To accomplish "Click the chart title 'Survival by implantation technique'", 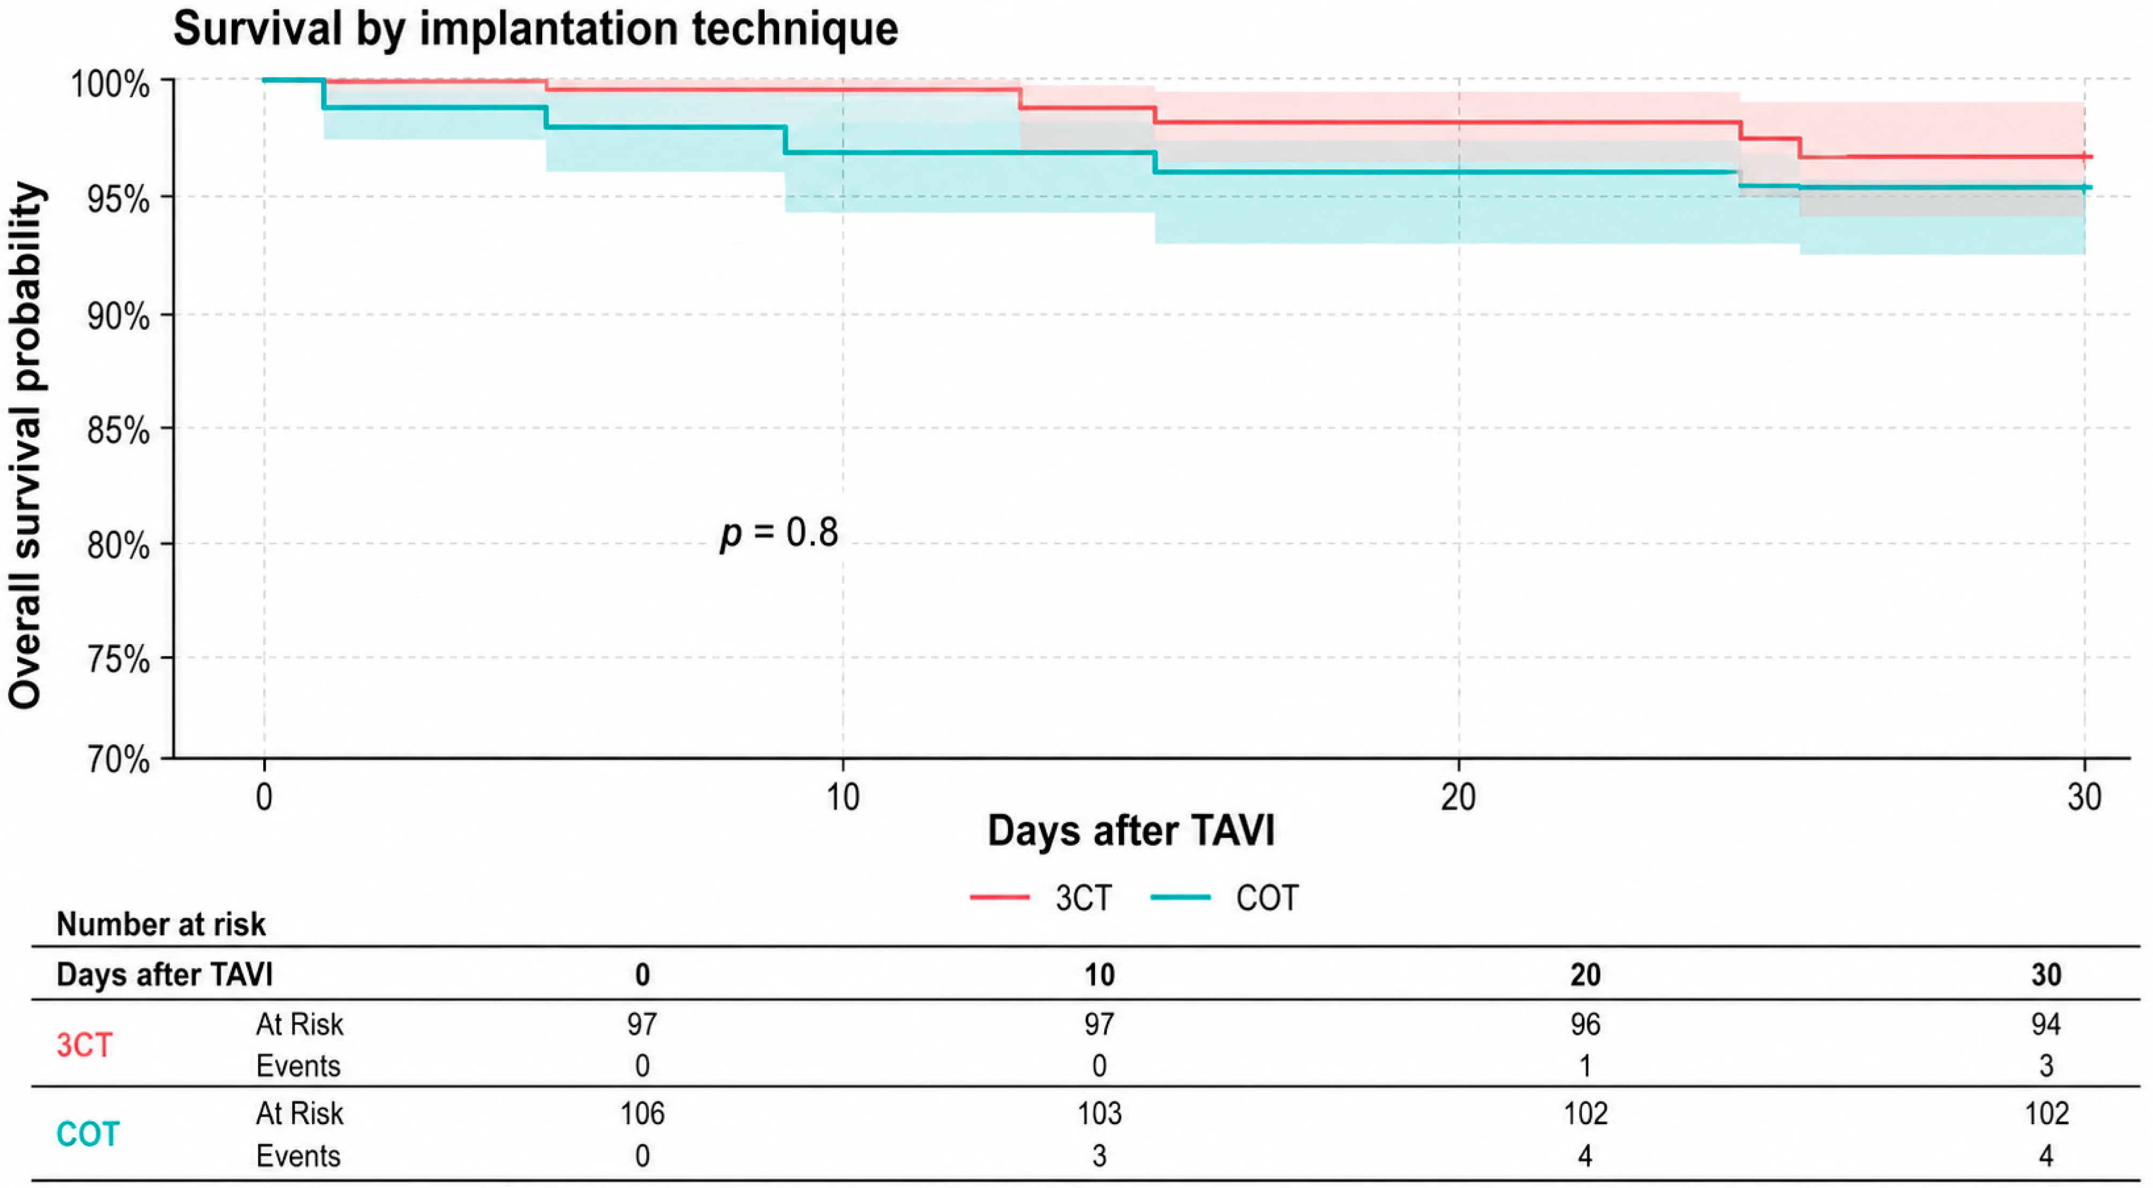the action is (535, 30).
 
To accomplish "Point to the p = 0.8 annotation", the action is (779, 533).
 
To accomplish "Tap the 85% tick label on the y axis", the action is (118, 431).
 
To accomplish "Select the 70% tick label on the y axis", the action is (118, 760).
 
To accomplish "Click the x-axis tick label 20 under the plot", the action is (1459, 798).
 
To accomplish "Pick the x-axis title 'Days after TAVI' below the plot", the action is (1131, 831).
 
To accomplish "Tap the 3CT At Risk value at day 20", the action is (1586, 1024).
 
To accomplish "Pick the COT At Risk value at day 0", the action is (642, 1113).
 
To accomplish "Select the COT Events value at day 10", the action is (1099, 1156).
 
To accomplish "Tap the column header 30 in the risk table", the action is (2046, 975).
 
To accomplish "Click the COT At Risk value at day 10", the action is (1099, 1113).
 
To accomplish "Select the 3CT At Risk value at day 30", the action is (2046, 1024).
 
